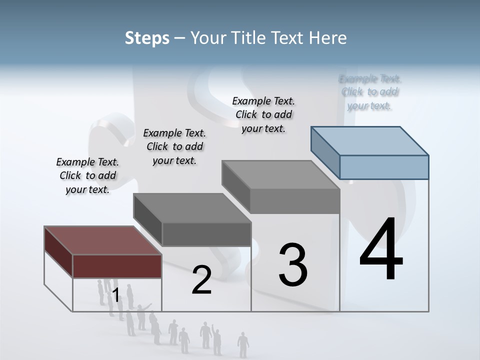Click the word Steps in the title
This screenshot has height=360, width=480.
tap(147, 38)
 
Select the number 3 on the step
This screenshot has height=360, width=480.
tap(293, 265)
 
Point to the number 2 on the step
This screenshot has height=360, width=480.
tap(201, 280)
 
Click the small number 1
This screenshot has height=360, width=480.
tap(115, 295)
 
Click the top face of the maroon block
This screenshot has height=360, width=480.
tap(102, 240)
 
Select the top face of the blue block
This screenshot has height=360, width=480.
tap(370, 140)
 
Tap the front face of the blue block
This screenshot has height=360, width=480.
tap(384, 167)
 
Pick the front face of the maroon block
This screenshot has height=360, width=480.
tap(117, 266)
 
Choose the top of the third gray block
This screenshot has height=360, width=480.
tap(280, 174)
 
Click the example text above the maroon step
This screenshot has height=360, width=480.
tap(87, 175)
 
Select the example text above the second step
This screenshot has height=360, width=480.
tap(174, 146)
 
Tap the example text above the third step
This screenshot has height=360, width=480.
tap(263, 114)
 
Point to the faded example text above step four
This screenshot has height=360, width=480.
tap(370, 92)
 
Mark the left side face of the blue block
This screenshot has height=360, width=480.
tap(325, 152)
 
